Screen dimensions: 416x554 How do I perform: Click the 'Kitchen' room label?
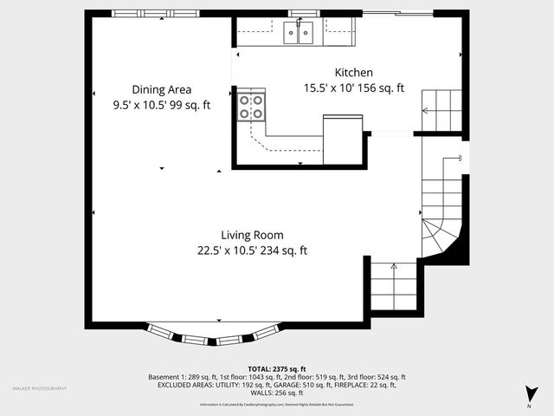[354, 73]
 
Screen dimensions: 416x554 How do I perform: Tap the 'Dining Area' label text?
[162, 89]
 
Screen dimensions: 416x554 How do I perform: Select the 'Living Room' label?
[252, 235]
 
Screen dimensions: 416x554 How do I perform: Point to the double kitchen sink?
[299, 33]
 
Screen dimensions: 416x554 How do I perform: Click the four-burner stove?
[251, 107]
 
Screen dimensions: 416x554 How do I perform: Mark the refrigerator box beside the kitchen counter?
[342, 139]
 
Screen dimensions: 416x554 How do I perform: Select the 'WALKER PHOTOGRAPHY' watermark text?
[40, 388]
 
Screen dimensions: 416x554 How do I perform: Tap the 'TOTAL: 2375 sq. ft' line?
[277, 369]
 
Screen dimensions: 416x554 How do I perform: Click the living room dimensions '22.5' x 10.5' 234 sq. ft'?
[252, 251]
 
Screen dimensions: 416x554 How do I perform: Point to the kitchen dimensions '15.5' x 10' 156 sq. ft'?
[354, 88]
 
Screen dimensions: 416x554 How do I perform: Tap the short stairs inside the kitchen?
[441, 110]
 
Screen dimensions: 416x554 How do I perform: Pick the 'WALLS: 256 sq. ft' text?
[277, 393]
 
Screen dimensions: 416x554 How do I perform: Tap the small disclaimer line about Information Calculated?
[277, 405]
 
